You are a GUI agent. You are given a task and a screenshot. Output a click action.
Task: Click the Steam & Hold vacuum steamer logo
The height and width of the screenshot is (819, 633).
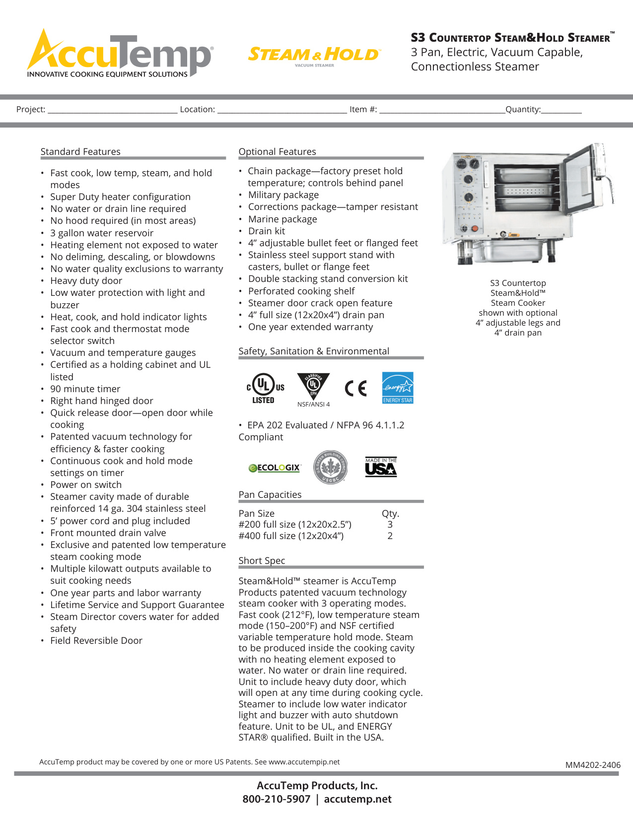point(314,55)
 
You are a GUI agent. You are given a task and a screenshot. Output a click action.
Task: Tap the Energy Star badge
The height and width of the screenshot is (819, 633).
point(398,388)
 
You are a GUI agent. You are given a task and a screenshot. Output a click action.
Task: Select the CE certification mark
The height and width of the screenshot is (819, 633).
point(355,388)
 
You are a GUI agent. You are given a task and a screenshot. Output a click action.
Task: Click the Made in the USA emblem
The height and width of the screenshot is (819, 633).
point(381,467)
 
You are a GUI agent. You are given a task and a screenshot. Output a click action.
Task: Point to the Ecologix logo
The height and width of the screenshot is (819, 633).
point(275,468)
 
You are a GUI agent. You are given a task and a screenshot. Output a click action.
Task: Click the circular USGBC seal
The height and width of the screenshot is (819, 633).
point(330,467)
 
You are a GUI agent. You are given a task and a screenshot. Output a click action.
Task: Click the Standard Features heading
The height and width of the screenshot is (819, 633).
point(80,151)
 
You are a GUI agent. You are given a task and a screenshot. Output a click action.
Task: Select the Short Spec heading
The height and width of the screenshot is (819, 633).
point(262,560)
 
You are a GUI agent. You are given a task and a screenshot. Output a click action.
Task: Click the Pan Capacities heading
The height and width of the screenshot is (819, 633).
point(270,494)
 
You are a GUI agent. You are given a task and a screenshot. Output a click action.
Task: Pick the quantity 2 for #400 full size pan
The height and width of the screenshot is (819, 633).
point(390,536)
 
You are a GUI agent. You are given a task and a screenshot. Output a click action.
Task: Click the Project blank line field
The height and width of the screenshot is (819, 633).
point(112,110)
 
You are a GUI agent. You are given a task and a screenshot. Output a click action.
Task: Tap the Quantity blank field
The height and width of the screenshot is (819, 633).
point(561,110)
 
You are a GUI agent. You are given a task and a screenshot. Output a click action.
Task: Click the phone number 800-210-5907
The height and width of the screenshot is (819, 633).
point(276,799)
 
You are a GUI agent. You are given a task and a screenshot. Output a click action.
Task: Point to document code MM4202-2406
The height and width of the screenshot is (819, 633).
point(593,765)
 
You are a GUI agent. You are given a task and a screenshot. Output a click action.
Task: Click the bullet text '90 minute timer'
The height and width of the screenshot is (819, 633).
point(85,389)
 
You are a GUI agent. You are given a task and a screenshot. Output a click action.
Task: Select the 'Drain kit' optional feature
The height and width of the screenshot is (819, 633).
point(267,231)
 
